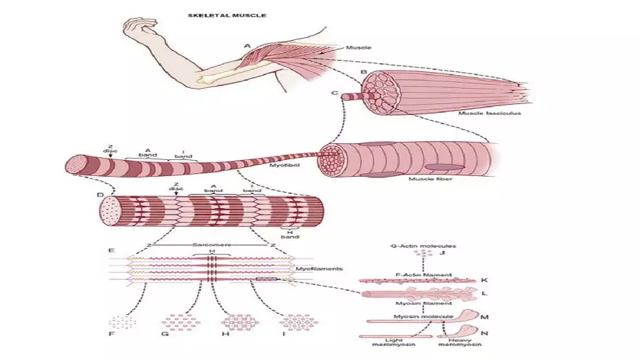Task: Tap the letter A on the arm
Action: (247, 46)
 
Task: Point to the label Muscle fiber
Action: (427, 178)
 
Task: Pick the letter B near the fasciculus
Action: (363, 72)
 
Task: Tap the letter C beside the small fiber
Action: (335, 94)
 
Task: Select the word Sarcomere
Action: (212, 246)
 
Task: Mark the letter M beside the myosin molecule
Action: (484, 317)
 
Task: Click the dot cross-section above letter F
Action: (120, 321)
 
